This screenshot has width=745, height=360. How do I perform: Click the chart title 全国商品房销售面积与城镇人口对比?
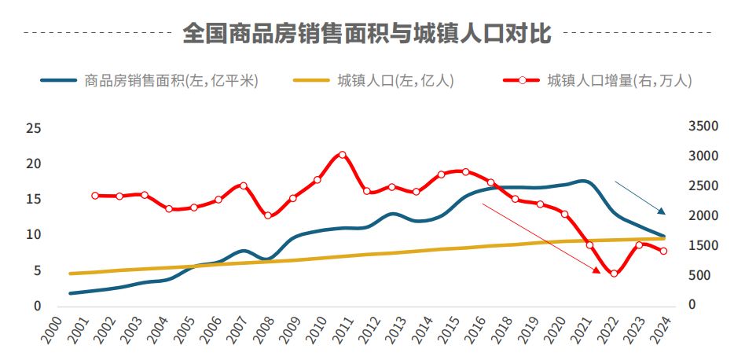click(x=367, y=34)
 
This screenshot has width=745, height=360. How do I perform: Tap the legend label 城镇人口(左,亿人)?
click(x=395, y=80)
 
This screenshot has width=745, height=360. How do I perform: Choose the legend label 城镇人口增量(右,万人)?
click(x=619, y=80)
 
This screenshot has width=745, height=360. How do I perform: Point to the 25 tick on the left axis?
click(x=34, y=128)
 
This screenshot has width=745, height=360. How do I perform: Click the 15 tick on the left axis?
click(x=34, y=199)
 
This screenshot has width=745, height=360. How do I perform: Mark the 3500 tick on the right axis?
click(x=703, y=127)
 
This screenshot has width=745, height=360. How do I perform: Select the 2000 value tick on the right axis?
click(x=703, y=215)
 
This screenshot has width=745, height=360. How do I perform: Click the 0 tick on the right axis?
click(x=692, y=305)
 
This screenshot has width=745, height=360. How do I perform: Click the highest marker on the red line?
click(x=342, y=155)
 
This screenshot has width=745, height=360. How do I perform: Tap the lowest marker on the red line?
click(x=614, y=274)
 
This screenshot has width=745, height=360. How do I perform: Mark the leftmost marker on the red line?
click(x=95, y=196)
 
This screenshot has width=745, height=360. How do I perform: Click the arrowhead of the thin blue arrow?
click(x=662, y=211)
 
